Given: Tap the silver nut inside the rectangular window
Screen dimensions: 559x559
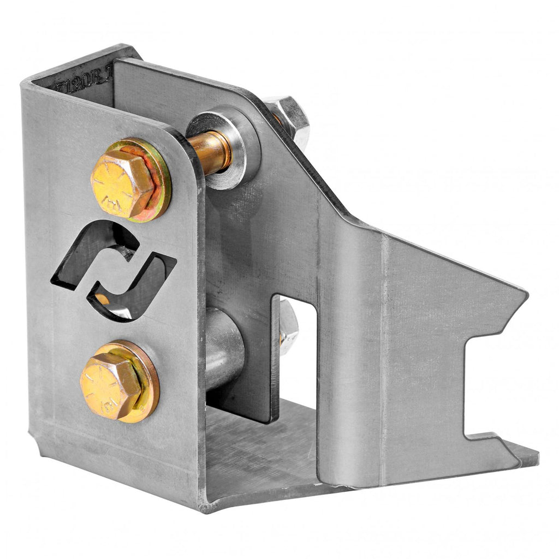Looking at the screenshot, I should click(288, 328).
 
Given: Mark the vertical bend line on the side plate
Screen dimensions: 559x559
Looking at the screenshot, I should click(382, 355).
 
